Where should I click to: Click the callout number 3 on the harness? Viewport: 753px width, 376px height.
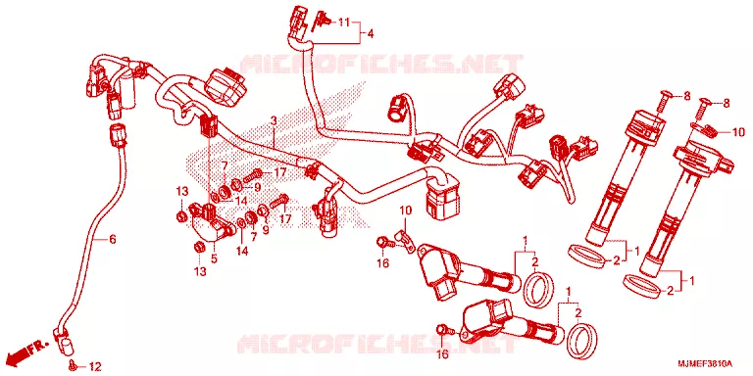coord(274,120)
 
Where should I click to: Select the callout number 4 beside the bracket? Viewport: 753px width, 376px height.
coord(371,34)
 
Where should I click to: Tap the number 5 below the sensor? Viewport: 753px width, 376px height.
coord(214,258)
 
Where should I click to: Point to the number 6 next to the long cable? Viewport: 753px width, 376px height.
coord(113,239)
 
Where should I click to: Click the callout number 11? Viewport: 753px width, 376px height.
coord(344,22)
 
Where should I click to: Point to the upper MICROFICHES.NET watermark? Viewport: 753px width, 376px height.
coord(380,65)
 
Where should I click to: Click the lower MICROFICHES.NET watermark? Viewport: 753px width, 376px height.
coord(377,344)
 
